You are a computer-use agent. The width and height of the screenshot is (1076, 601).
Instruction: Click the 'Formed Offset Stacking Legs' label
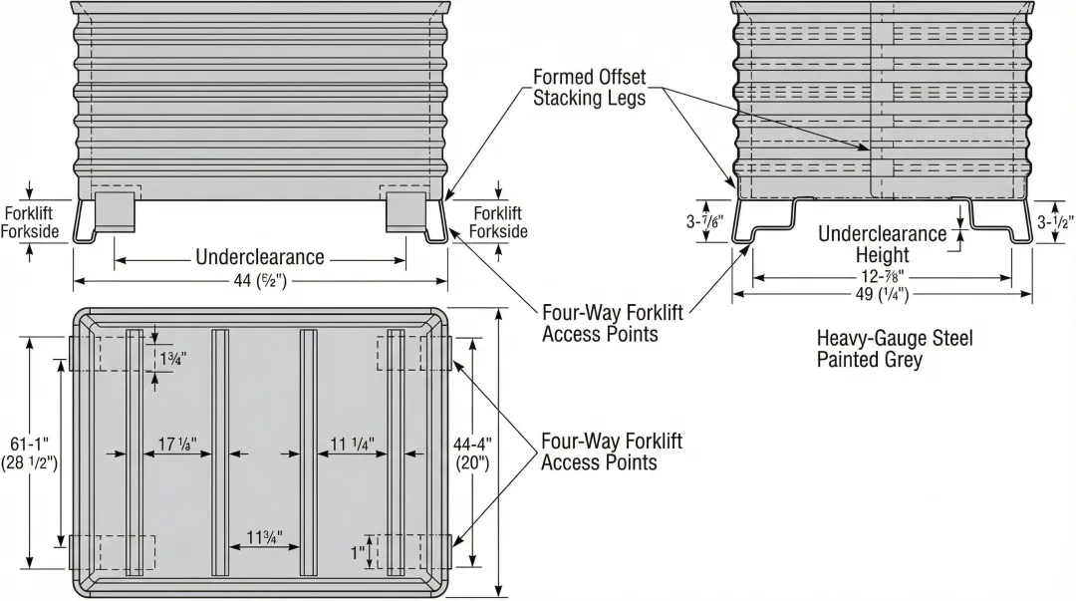(x=589, y=88)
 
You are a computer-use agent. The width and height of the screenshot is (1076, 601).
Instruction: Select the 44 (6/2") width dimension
(x=260, y=281)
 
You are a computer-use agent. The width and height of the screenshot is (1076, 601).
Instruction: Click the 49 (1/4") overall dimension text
(x=883, y=293)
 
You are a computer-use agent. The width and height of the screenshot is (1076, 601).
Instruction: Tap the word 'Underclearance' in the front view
(x=260, y=257)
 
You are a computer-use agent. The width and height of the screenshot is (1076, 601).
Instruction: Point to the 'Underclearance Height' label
(x=883, y=244)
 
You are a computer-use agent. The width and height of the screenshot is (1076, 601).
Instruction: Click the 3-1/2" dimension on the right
(x=1053, y=221)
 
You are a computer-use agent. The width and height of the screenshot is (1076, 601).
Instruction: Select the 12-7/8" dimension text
(x=883, y=276)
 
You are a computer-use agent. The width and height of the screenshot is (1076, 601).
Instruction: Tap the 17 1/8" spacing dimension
(x=177, y=445)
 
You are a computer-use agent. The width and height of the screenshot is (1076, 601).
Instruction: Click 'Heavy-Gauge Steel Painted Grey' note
(x=894, y=349)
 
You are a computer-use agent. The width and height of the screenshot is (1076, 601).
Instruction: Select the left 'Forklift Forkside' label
(x=29, y=222)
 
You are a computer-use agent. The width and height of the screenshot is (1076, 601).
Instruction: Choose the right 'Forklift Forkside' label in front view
(x=498, y=222)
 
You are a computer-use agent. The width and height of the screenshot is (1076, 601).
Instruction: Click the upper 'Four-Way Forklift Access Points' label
(x=612, y=324)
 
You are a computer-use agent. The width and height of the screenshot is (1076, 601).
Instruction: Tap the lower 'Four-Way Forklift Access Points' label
(x=611, y=451)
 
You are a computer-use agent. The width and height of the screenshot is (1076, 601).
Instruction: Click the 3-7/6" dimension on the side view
(x=704, y=222)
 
